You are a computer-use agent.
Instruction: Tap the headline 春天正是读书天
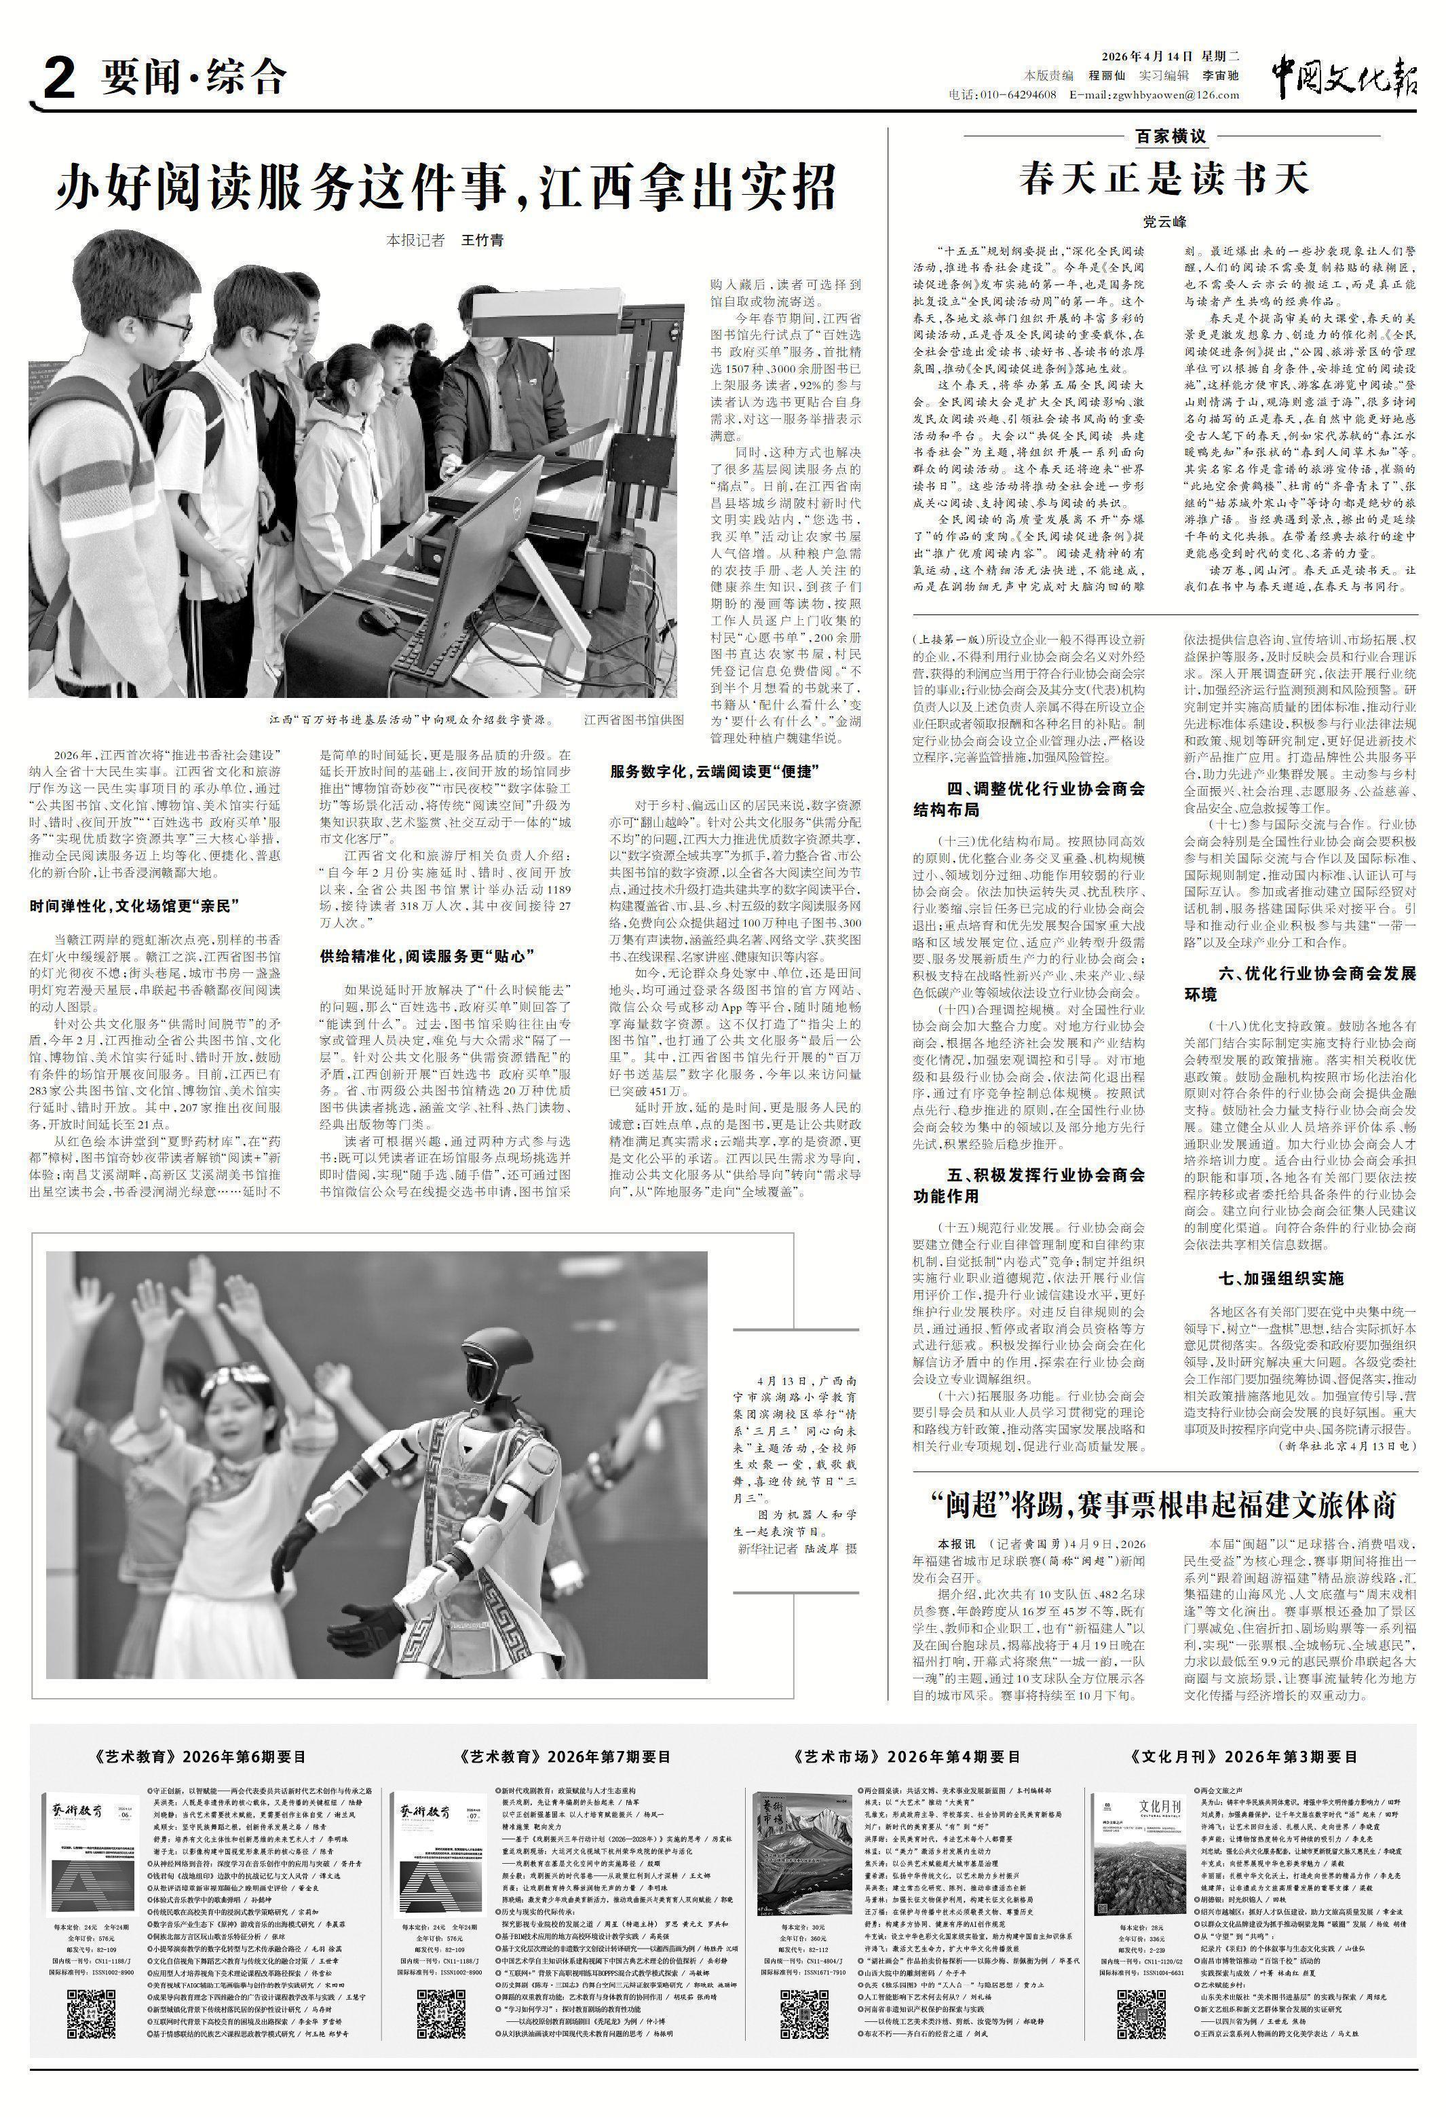click(x=1164, y=179)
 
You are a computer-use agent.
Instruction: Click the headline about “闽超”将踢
click(x=1164, y=1505)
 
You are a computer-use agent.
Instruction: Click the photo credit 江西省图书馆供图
click(x=634, y=720)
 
